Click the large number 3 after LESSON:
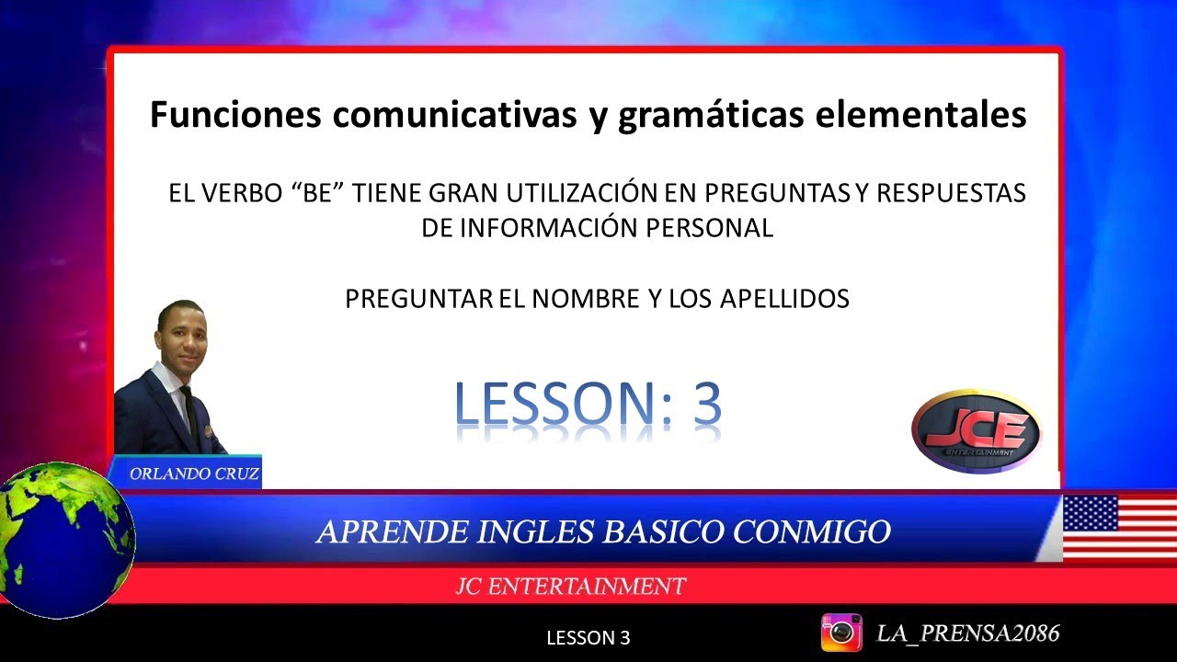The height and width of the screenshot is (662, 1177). pyautogui.click(x=705, y=404)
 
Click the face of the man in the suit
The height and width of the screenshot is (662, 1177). pyautogui.click(x=181, y=333)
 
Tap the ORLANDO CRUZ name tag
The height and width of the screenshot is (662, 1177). pyautogui.click(x=194, y=474)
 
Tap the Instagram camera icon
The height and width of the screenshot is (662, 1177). pyautogui.click(x=840, y=633)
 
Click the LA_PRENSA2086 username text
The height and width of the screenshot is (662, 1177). pyautogui.click(x=968, y=633)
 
